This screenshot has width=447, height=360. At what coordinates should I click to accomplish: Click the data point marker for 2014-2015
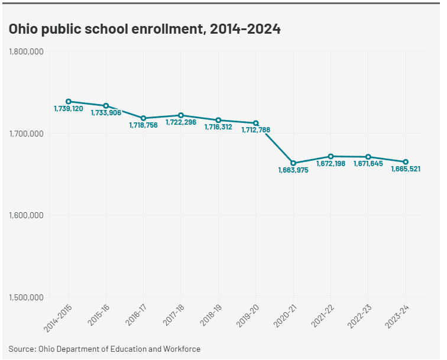point(69,101)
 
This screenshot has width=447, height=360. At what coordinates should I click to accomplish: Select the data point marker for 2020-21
point(293,163)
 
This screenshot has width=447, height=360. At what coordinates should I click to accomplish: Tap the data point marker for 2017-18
point(181,115)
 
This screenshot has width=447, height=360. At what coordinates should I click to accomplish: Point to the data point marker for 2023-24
point(406,162)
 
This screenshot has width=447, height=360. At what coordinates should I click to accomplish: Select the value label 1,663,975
point(293,170)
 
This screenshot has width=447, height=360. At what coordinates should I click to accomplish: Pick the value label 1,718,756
point(144,125)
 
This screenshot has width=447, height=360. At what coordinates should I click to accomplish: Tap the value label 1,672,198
point(331,163)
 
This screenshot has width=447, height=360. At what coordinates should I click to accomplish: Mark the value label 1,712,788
point(256,130)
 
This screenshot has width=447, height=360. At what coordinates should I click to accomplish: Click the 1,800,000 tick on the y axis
point(26,52)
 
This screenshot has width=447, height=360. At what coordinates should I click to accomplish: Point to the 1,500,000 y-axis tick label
point(26,297)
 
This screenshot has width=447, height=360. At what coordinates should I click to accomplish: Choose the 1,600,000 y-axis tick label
point(26,216)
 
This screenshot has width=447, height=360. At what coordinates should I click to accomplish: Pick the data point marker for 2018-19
point(218,120)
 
